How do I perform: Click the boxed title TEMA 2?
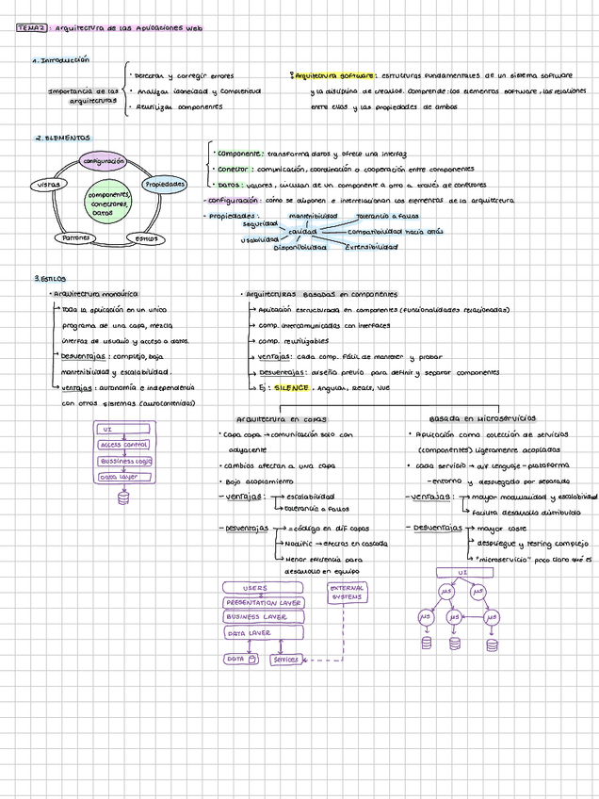point(31,29)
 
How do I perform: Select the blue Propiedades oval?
point(164,184)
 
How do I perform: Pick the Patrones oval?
point(77,238)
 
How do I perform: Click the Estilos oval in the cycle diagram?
point(146,238)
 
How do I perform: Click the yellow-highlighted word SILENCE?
point(291,387)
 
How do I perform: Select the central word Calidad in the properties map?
point(302,231)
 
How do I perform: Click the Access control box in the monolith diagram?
point(123,445)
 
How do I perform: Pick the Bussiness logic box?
point(125,461)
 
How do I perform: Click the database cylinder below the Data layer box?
point(122,498)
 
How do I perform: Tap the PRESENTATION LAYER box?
point(263,602)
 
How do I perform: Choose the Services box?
point(284,660)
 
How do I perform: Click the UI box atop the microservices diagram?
point(462,572)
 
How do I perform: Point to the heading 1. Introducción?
point(62,59)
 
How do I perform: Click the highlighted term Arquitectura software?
point(333,74)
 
